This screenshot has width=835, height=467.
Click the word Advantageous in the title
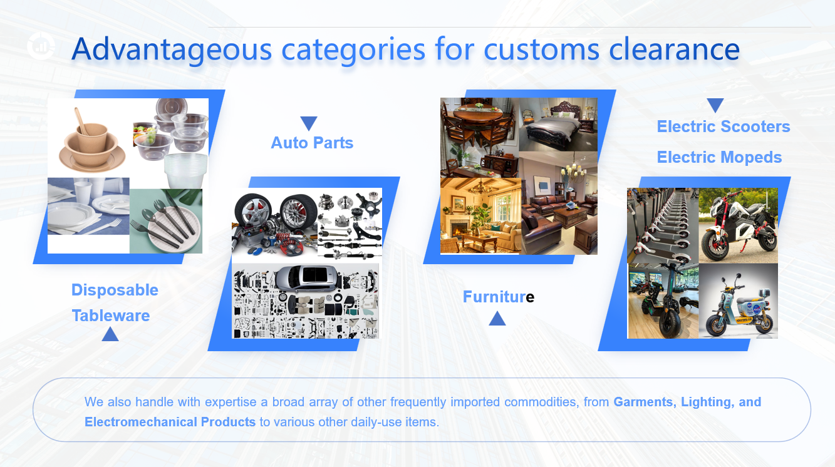pos(172,50)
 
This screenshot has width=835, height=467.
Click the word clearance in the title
pos(675,49)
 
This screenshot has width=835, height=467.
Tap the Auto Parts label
pos(312,143)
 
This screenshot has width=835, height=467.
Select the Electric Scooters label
pos(723,126)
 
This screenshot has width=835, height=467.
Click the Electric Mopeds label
pos(719,157)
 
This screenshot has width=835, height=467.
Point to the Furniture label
pos(499,297)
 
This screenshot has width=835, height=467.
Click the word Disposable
pos(115,290)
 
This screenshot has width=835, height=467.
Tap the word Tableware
pos(111,316)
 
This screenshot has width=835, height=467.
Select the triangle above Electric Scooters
pos(715,105)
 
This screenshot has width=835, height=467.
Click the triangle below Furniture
pos(497,319)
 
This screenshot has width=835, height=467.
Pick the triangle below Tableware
pos(110,334)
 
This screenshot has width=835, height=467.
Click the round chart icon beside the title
pos(41,46)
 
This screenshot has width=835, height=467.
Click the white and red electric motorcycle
pos(737,227)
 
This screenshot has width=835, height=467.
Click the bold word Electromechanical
pos(141,423)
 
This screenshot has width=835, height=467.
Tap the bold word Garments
pos(645,402)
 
